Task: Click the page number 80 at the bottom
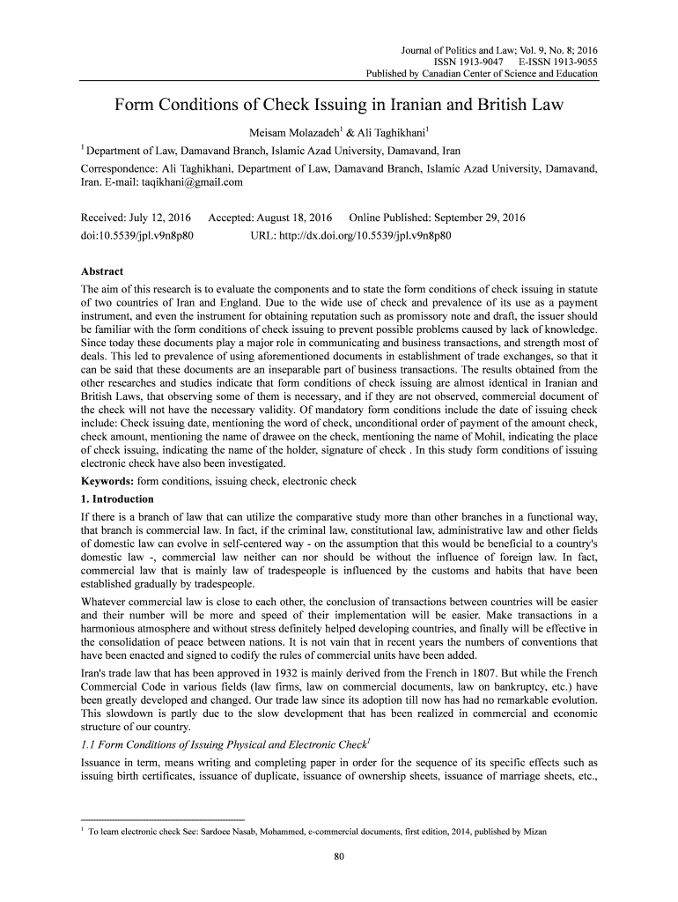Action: [x=339, y=860]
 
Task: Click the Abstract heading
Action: [x=101, y=271]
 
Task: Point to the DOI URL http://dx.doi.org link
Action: [x=351, y=236]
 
